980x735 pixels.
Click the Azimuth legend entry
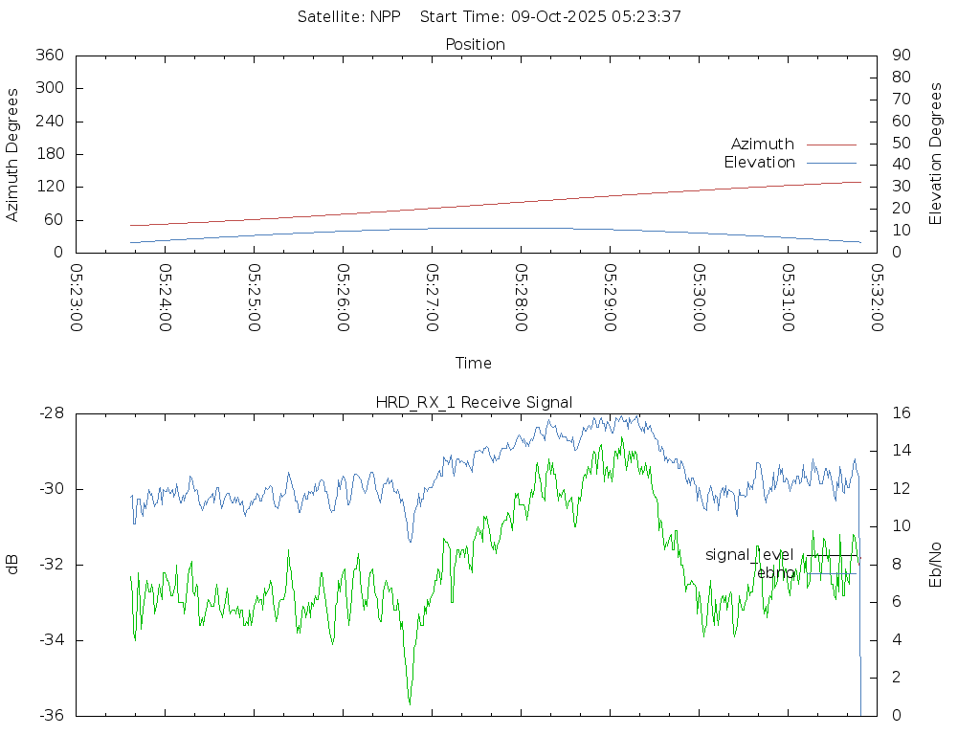point(763,145)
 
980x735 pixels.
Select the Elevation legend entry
point(759,163)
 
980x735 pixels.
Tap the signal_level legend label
point(749,555)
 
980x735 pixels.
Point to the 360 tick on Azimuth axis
point(49,56)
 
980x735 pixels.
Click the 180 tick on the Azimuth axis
point(49,154)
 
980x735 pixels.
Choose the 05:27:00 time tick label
point(432,298)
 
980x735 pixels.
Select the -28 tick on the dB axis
point(52,413)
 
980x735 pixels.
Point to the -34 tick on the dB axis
point(52,640)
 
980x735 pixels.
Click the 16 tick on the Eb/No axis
point(901,413)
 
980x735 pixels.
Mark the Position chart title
point(476,44)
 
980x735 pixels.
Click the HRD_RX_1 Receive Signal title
point(475,402)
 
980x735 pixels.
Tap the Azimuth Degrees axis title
point(13,154)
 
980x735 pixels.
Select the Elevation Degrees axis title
point(936,154)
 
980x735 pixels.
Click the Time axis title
point(474,364)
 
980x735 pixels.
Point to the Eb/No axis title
point(936,565)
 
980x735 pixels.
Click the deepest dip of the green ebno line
point(410,703)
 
